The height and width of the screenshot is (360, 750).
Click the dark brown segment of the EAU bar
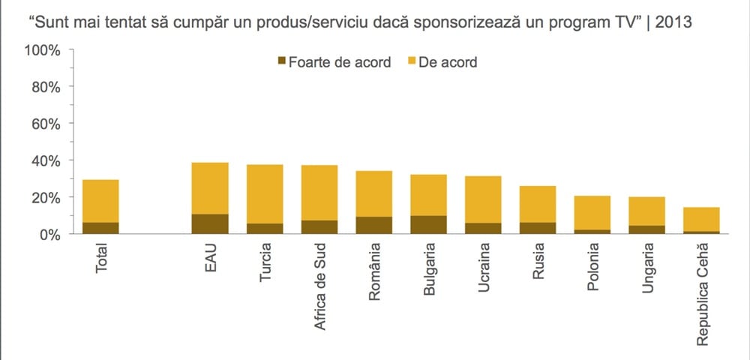pyautogui.click(x=210, y=224)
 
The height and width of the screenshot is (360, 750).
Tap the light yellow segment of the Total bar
pyautogui.click(x=101, y=200)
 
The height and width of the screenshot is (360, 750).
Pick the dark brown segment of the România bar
pyautogui.click(x=373, y=225)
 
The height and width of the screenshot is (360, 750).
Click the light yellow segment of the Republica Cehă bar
pyautogui.click(x=701, y=219)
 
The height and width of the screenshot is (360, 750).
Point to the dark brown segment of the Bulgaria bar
pyautogui.click(x=428, y=225)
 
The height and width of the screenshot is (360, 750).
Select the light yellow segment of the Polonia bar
pyautogui.click(x=592, y=212)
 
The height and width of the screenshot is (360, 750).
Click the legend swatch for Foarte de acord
pyautogui.click(x=282, y=62)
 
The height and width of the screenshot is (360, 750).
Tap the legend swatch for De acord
pyautogui.click(x=412, y=62)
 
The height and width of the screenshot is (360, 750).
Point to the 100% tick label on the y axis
pyautogui.click(x=42, y=50)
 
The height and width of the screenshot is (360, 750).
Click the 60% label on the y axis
pyautogui.click(x=45, y=124)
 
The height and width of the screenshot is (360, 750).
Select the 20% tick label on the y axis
pyautogui.click(x=45, y=197)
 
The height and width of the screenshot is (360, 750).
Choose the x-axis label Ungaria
pyautogui.click(x=647, y=268)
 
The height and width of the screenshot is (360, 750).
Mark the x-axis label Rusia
pyautogui.click(x=538, y=263)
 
